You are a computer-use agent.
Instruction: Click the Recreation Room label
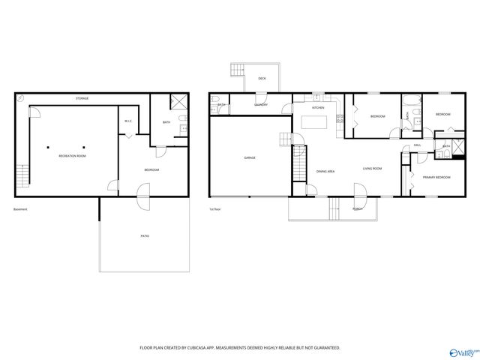73,155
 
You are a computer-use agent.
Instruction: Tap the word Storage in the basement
82,99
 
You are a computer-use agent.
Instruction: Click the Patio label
144,235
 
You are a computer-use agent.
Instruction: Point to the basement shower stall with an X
179,102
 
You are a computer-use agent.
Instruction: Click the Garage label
250,157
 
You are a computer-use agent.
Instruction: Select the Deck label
262,78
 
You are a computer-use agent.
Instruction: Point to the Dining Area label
325,171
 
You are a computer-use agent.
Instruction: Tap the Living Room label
373,169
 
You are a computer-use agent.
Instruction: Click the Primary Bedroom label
436,177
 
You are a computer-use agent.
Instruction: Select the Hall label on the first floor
417,145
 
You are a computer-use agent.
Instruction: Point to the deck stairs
237,71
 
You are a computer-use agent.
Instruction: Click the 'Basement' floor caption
20,209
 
